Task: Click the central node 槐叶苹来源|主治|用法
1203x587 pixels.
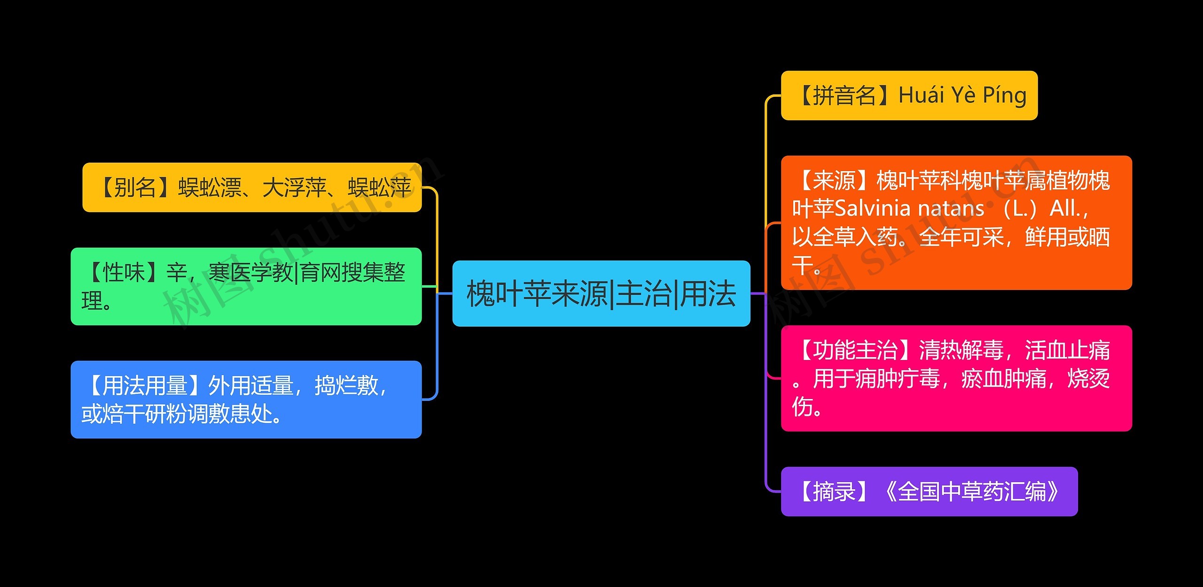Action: coord(601,294)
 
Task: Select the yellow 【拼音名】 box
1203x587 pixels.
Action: coord(909,95)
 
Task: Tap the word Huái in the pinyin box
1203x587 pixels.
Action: coord(921,95)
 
